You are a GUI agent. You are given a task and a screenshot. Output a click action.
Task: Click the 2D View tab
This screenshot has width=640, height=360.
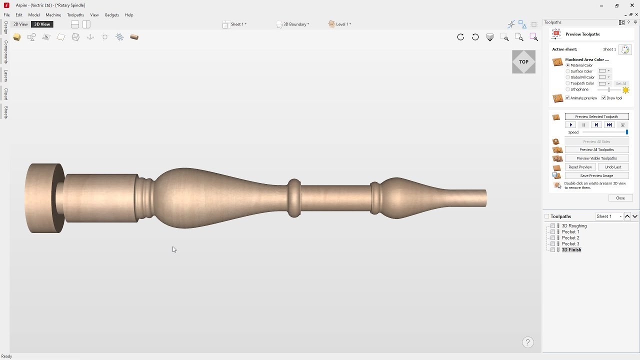click(x=20, y=24)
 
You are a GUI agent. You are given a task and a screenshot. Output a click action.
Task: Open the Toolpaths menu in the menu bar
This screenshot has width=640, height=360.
click(x=75, y=15)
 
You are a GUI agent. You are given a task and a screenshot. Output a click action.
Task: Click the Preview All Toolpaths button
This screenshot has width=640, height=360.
click(x=596, y=149)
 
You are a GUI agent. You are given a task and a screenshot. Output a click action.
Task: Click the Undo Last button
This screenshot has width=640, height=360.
click(x=613, y=167)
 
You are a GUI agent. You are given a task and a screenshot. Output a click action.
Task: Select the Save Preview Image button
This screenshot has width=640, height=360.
click(x=596, y=175)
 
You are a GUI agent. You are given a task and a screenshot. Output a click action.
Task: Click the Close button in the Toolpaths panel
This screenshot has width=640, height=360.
click(x=620, y=198)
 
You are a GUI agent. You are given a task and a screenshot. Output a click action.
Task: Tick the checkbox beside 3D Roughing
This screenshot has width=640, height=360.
click(x=552, y=226)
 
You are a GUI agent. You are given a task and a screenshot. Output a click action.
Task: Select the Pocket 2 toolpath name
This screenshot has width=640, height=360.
click(x=570, y=237)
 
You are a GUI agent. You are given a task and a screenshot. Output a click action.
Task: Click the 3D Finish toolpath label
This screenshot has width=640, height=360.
click(x=571, y=249)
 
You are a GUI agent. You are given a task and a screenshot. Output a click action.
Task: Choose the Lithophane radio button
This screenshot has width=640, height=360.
click(x=567, y=89)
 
